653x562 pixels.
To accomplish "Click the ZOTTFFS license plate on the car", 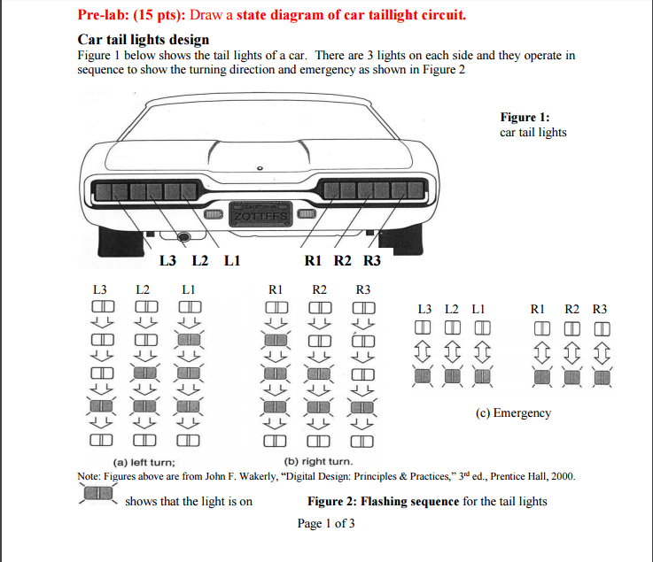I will pos(257,213).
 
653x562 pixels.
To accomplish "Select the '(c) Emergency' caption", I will pos(513,413).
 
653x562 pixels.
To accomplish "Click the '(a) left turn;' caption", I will pos(144,462).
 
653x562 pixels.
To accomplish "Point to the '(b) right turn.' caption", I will pos(317,462).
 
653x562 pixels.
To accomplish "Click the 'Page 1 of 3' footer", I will pos(326,523).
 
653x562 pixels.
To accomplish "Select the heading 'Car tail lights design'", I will pos(144,40).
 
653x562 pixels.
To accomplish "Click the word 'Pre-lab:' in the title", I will pos(105,15).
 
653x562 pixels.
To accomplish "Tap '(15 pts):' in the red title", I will pos(161,15).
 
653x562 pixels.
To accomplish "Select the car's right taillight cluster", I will pos(370,190).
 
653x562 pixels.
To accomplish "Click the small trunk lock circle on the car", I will pos(260,167).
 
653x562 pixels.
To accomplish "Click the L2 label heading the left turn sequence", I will pos(143,289).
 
